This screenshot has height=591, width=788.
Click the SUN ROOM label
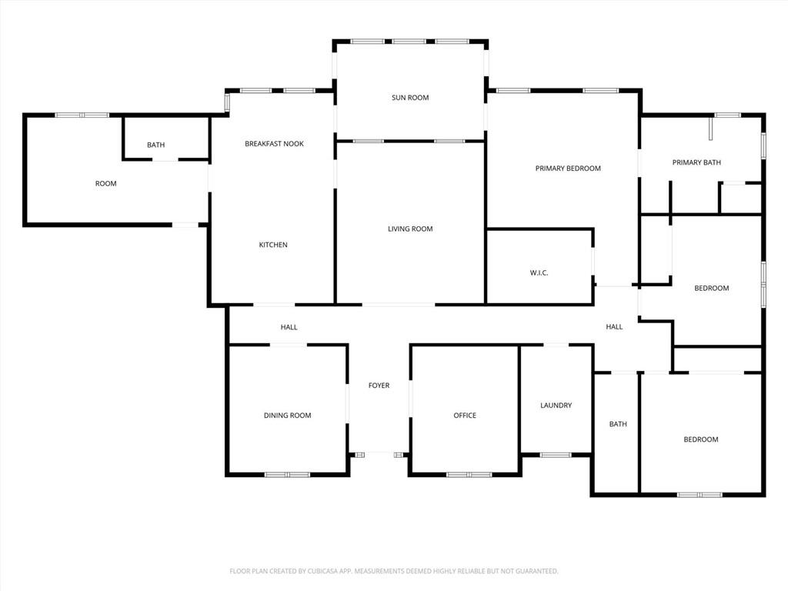coord(410,98)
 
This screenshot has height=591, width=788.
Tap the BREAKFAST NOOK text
coord(275,144)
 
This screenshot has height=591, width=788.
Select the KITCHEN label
coord(273,245)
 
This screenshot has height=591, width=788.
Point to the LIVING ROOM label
coord(410,229)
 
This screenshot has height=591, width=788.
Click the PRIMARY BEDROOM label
coord(568,169)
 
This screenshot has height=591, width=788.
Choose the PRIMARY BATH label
coord(696,162)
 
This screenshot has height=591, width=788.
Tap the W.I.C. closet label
coord(539,273)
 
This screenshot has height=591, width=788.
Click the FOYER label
coord(379,386)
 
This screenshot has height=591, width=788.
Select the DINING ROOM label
coord(288,415)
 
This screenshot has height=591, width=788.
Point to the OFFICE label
coord(465,415)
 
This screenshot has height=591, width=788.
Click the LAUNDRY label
coord(556,405)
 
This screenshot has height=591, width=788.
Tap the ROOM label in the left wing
coord(105,183)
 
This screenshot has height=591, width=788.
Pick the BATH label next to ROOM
coord(155,145)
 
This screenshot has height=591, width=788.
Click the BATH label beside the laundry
coord(618,424)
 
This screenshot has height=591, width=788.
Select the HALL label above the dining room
coord(289,327)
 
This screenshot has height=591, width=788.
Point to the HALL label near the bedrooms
coord(614,326)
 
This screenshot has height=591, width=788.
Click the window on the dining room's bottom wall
coord(288,474)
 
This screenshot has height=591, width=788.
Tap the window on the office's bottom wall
coord(469,474)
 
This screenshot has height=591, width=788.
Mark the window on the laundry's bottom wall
coord(556,456)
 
